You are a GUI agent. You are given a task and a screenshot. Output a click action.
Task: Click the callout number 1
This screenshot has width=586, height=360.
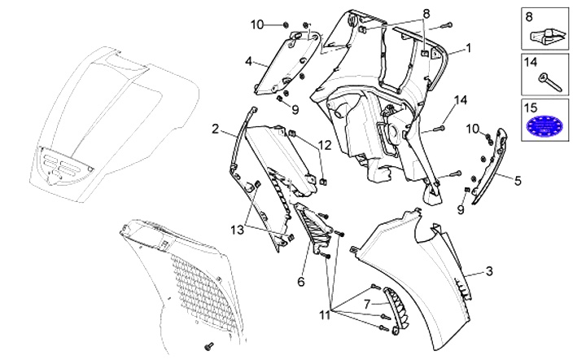point(468,49)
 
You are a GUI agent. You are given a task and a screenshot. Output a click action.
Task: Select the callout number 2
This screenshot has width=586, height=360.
point(216,128)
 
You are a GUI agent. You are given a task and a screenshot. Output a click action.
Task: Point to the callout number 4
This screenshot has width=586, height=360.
point(248,61)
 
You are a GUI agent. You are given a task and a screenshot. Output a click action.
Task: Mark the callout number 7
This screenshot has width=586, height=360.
point(365,303)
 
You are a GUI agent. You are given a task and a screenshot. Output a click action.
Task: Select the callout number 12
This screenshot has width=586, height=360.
point(325,145)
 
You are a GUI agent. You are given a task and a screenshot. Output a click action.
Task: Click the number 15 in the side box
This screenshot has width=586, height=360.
point(531,107)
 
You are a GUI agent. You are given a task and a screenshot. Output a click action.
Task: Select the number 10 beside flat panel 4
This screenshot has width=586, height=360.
point(257,24)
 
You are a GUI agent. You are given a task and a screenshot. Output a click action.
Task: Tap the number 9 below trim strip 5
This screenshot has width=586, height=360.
point(461,209)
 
